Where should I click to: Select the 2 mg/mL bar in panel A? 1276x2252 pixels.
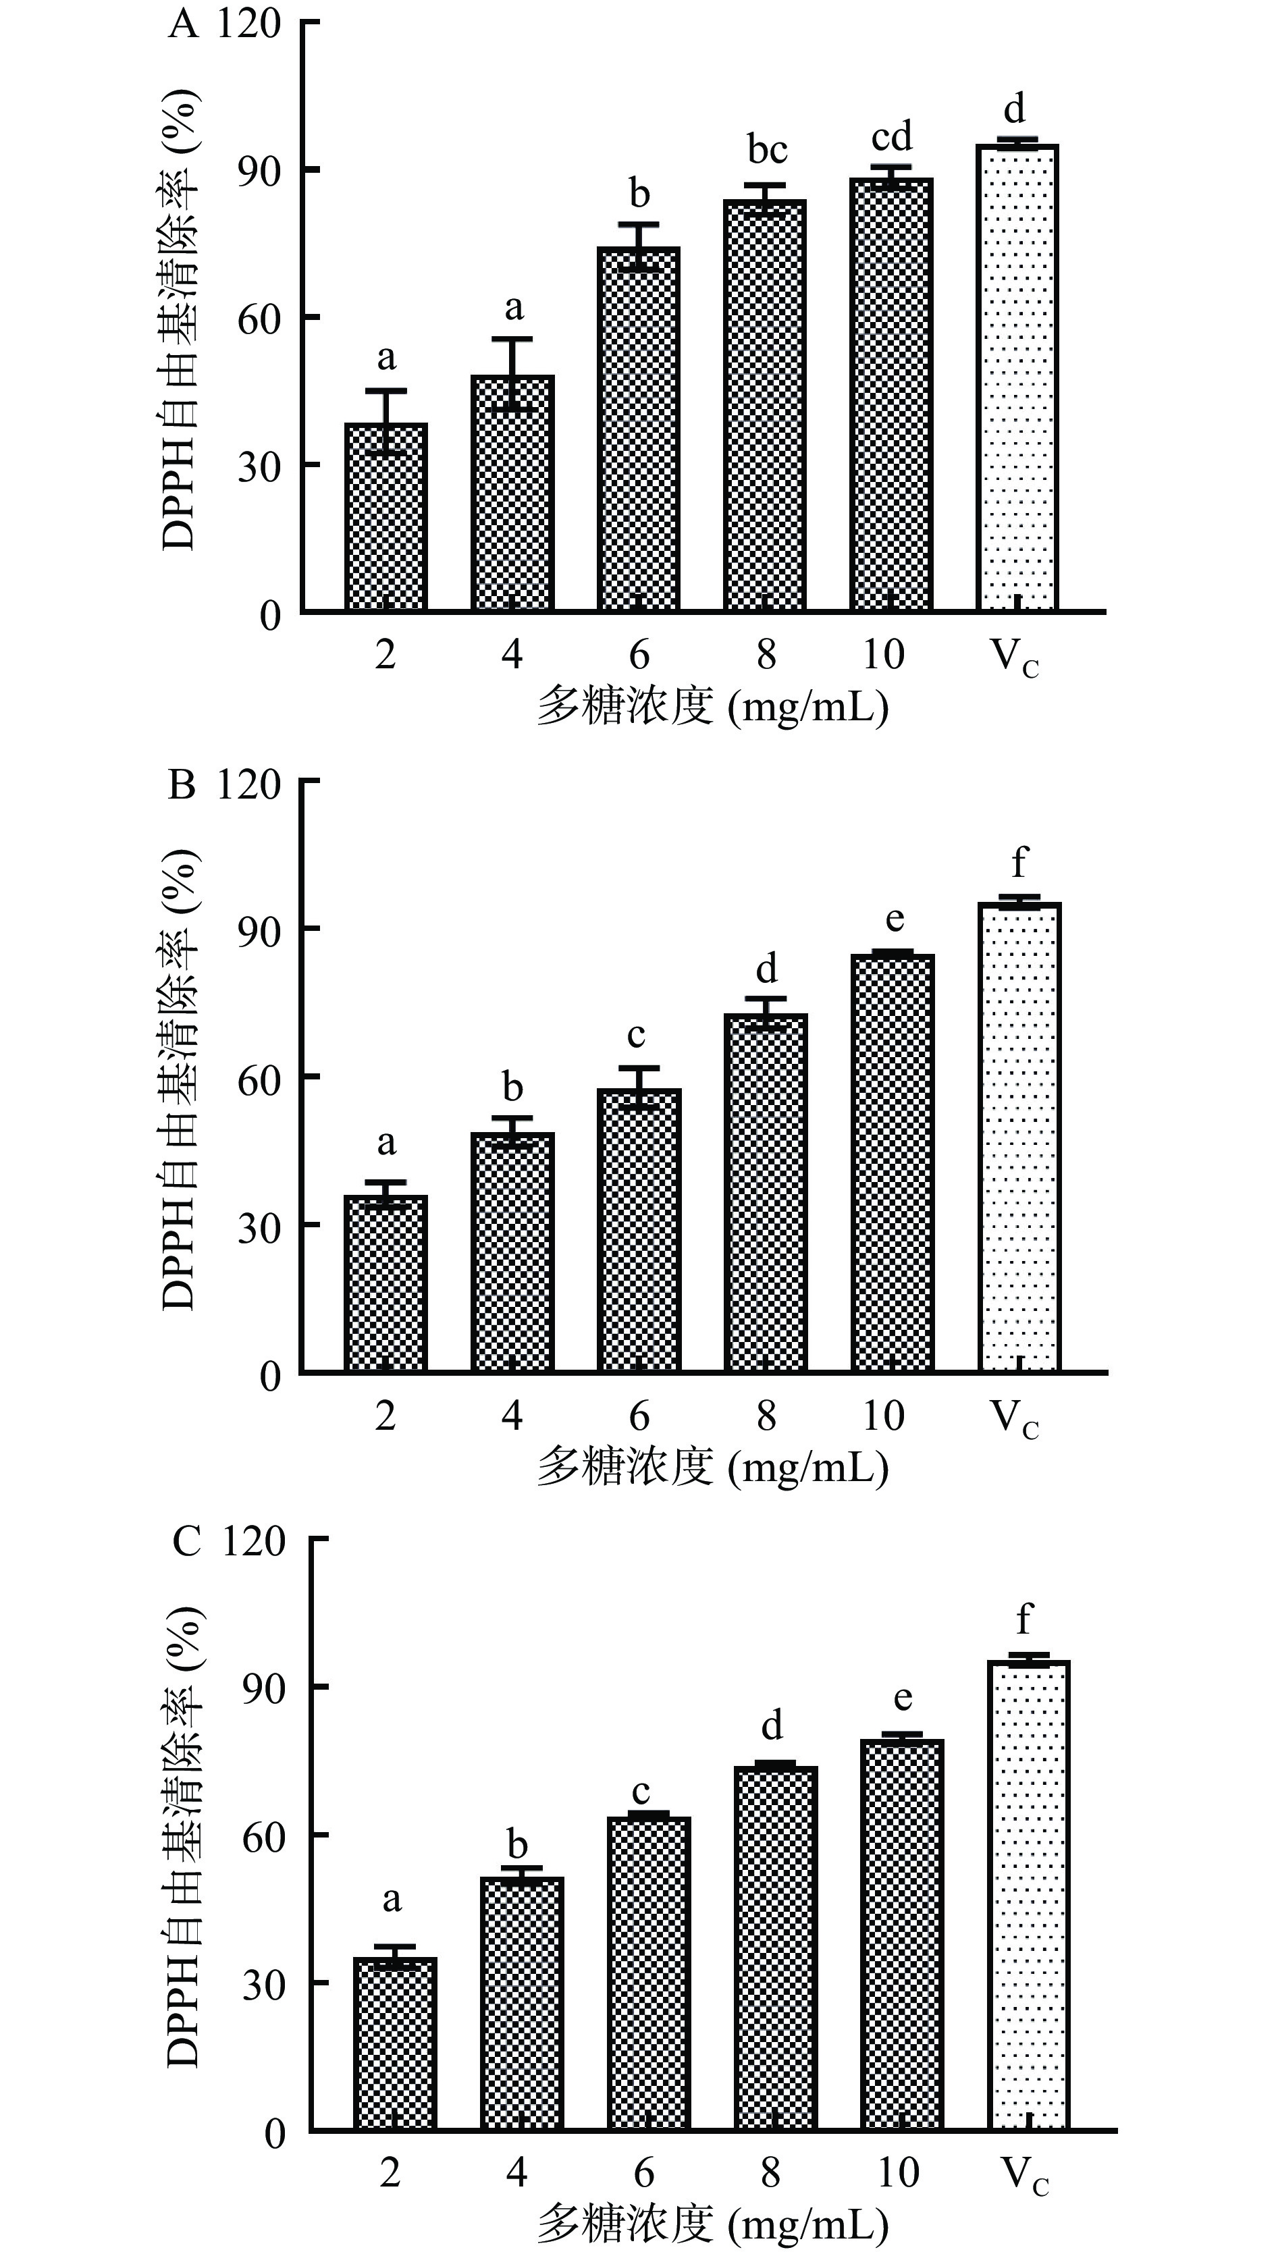coord(386,517)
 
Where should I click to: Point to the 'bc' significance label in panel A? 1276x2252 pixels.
coord(767,150)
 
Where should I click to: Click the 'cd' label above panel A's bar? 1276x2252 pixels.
coord(891,136)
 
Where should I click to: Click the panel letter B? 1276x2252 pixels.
coord(182,784)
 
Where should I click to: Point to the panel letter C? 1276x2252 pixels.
coord(186,1541)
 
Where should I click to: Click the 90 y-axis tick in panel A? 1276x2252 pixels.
coord(259,170)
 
